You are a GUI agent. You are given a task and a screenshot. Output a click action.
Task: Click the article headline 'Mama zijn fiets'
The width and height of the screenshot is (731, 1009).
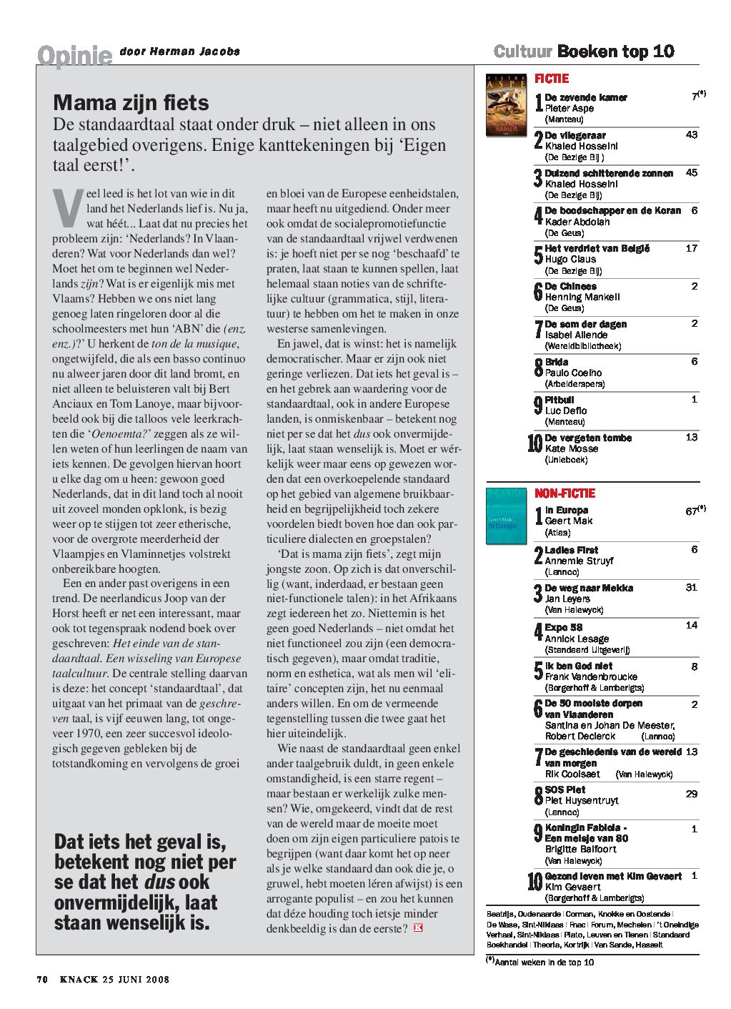coord(131,103)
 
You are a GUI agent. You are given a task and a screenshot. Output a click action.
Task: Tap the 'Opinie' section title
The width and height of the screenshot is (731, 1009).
coord(75,55)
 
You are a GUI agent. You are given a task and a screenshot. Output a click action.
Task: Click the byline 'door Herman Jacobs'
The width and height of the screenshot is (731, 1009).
coord(180,51)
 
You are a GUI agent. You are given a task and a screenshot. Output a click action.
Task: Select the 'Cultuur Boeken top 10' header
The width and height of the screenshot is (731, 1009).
coord(584,51)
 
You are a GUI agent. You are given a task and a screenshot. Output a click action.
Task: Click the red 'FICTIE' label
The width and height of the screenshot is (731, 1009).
coord(552,79)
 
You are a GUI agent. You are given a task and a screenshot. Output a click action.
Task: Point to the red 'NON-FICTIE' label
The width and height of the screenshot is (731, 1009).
coord(565,493)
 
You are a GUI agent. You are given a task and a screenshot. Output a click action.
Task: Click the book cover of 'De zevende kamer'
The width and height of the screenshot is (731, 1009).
coord(506,105)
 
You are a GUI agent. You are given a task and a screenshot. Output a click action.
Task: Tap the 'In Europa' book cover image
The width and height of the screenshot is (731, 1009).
coord(506,516)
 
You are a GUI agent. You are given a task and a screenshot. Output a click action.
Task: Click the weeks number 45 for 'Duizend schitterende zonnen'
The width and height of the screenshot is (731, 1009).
coord(691,172)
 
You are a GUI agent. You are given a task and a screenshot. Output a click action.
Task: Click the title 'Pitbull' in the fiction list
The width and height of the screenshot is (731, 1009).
coord(560,400)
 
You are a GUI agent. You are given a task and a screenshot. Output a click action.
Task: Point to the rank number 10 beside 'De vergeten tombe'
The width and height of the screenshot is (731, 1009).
coord(534,444)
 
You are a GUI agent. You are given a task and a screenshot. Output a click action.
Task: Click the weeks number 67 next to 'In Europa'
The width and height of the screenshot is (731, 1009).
coord(691,511)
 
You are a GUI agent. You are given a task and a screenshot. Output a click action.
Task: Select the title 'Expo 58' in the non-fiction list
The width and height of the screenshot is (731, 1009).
coord(563,628)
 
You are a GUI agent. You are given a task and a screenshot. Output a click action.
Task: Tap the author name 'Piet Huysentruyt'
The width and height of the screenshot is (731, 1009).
coord(582,801)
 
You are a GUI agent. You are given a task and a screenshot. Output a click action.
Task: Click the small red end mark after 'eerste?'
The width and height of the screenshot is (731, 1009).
coord(418,928)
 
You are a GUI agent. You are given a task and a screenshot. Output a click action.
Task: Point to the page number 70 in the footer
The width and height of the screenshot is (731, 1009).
coord(42,980)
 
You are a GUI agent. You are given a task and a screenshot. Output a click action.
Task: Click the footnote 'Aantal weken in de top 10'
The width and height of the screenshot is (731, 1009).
coord(544,963)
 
